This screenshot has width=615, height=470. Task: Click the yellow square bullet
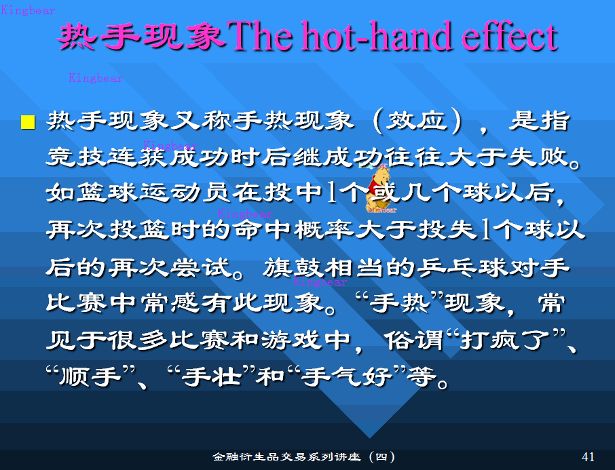(x=28, y=122)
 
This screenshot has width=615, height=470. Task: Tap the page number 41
(x=588, y=456)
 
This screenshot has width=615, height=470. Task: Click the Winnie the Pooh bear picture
(x=379, y=190)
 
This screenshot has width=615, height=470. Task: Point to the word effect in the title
(x=510, y=37)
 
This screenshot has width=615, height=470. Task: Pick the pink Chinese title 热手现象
(x=141, y=37)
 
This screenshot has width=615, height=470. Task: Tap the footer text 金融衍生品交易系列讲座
(x=286, y=456)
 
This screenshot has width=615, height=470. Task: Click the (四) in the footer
(x=381, y=456)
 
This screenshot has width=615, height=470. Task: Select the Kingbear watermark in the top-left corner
(x=28, y=10)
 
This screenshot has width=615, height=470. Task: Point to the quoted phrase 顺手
(x=90, y=376)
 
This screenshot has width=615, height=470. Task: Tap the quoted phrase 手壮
(x=211, y=376)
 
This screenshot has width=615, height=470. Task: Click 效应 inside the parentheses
(x=417, y=121)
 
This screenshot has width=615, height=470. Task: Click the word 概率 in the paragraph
(x=324, y=230)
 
